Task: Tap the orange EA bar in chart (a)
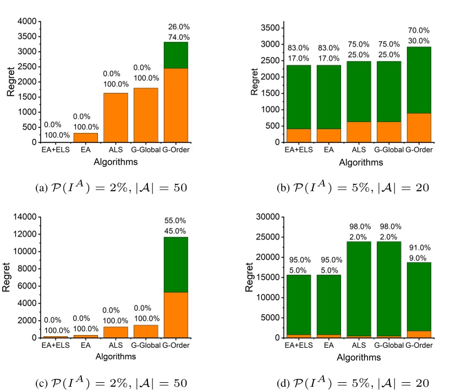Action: pos(85,137)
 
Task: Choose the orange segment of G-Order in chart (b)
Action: pos(419,127)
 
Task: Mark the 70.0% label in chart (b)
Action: pos(419,30)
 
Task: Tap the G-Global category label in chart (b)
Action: pos(388,149)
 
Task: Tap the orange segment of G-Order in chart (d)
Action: pos(419,334)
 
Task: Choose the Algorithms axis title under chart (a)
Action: pos(116,161)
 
